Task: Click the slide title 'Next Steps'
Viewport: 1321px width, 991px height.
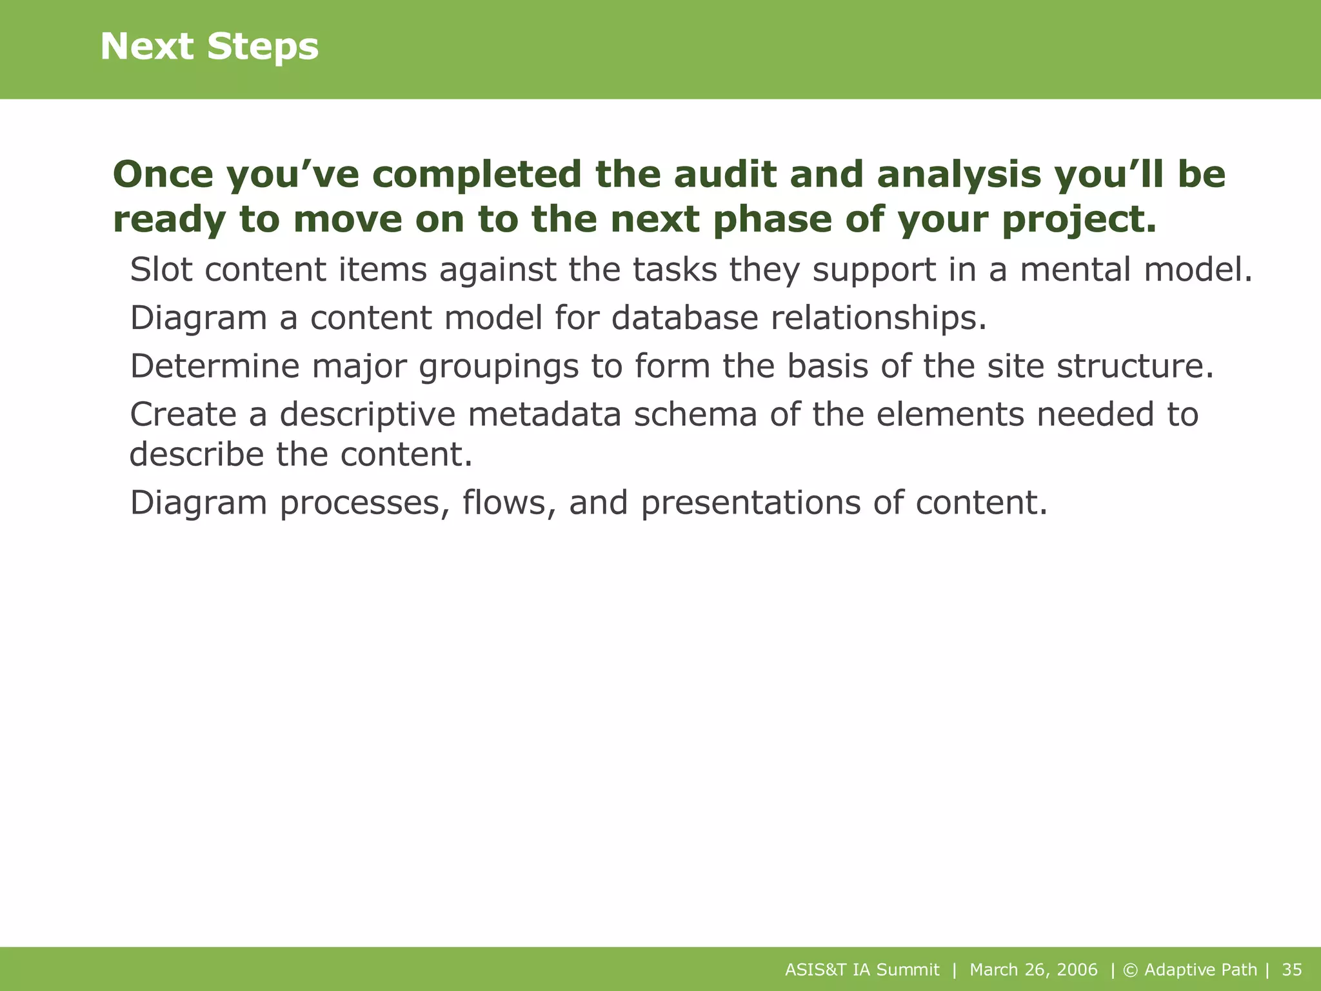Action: [209, 47]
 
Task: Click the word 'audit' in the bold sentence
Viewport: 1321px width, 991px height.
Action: [725, 175]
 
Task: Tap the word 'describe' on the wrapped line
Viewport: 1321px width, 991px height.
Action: [197, 454]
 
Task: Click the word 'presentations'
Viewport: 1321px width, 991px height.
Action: [750, 503]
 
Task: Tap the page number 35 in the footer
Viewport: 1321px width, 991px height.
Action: [1292, 970]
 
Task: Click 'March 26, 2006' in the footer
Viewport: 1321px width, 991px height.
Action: [1033, 970]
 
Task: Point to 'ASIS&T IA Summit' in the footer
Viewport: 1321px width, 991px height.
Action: [862, 970]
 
